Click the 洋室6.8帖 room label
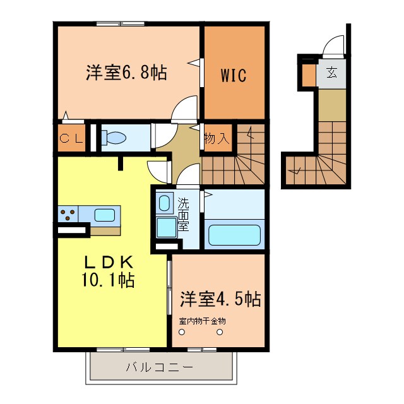[126, 73]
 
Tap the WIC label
[233, 75]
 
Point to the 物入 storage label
[217, 138]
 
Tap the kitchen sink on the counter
[104, 215]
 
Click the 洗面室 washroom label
[183, 215]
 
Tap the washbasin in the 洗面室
[164, 203]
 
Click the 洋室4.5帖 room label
[220, 297]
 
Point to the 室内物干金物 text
[201, 321]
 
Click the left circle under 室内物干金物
[182, 333]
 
